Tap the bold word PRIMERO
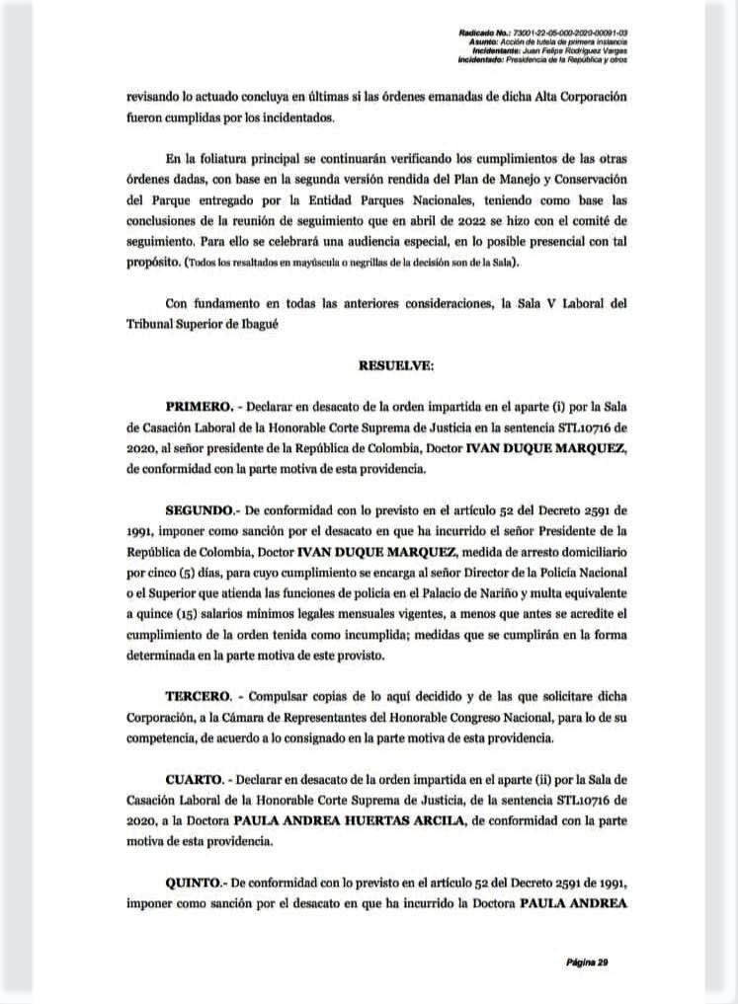pos(198,406)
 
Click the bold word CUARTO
pos(196,780)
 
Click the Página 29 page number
pos(587,961)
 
